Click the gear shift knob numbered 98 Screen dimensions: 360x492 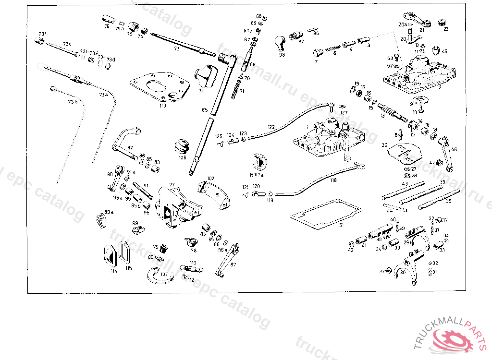pyautogui.click(x=280, y=44)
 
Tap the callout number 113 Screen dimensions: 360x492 pyautogui.click(x=163, y=106)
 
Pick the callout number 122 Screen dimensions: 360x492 pyautogui.click(x=271, y=127)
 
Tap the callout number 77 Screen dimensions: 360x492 pyautogui.click(x=172, y=185)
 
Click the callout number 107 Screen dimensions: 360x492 pyautogui.click(x=164, y=275)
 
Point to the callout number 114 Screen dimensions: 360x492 pyautogui.click(x=114, y=271)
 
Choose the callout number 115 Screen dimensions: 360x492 pyautogui.click(x=128, y=268)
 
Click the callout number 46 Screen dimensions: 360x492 pyautogui.click(x=454, y=149)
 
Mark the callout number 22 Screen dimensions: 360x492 pyautogui.click(x=445, y=29)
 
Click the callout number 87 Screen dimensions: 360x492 pyautogui.click(x=234, y=264)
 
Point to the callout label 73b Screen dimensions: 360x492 pyautogui.click(x=72, y=102)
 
